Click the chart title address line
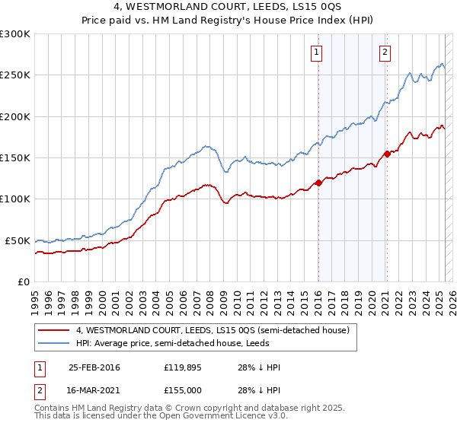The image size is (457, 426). (228, 8)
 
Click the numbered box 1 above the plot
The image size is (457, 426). (317, 52)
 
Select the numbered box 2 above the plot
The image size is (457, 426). (385, 52)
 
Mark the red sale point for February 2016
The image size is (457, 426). (318, 183)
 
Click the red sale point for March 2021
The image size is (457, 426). (386, 154)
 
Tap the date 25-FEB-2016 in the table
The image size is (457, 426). (94, 367)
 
